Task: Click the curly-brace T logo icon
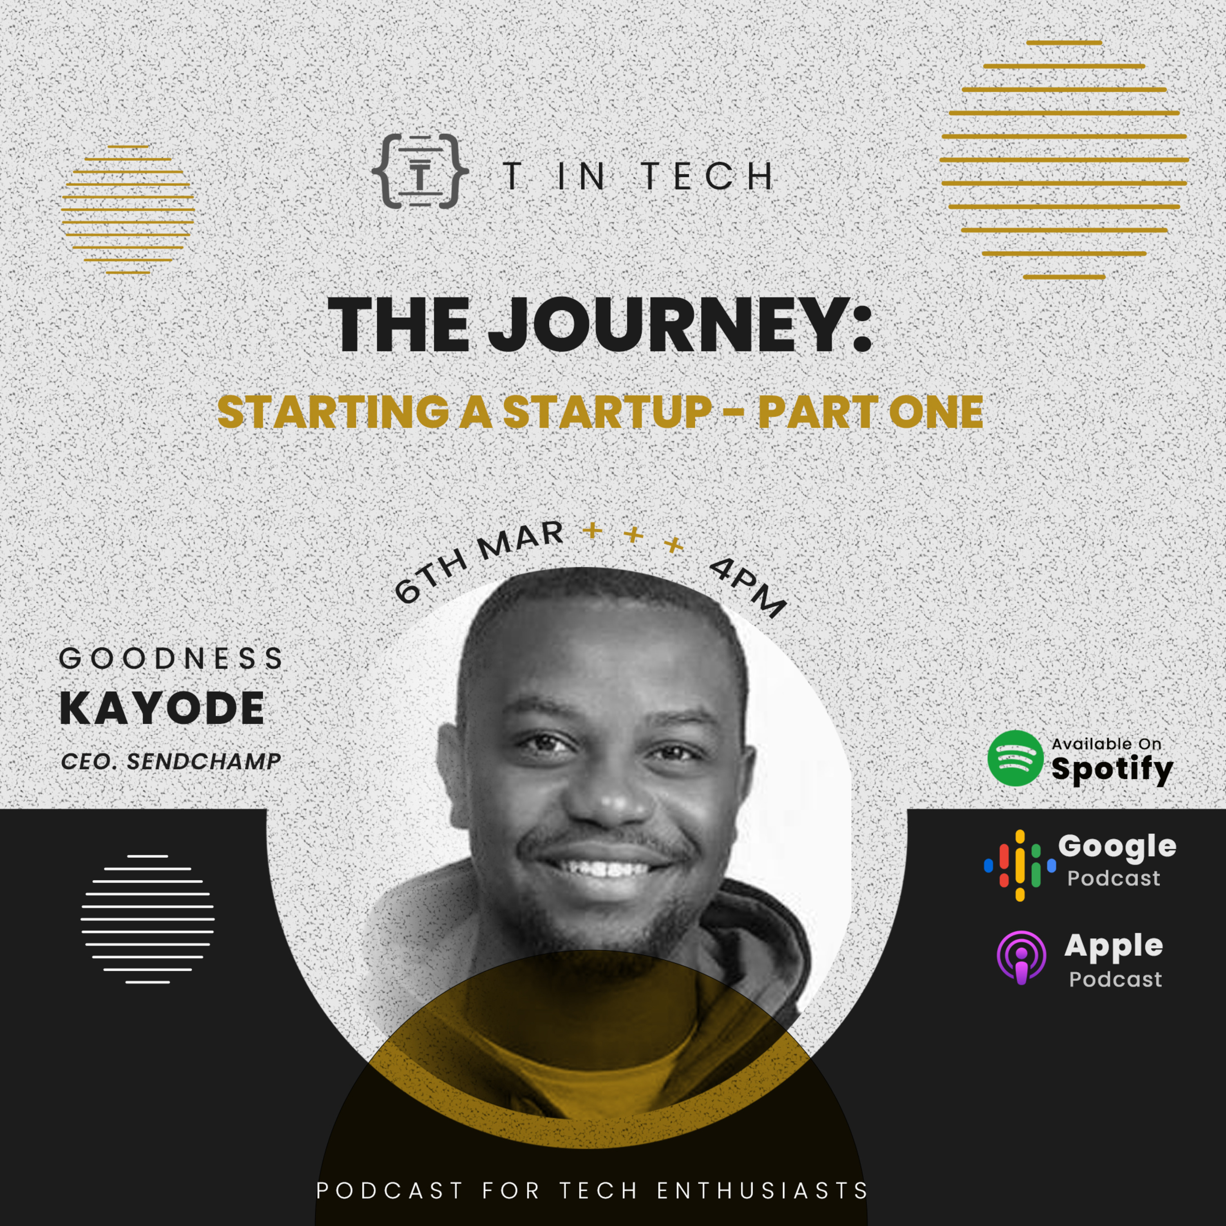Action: click(x=420, y=171)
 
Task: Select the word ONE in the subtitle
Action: click(x=936, y=412)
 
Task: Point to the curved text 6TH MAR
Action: click(x=479, y=562)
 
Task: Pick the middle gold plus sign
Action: click(x=633, y=535)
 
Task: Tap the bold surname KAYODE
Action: click(x=162, y=708)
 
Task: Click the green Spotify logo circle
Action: click(x=1015, y=758)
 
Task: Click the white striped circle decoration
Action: click(x=147, y=919)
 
